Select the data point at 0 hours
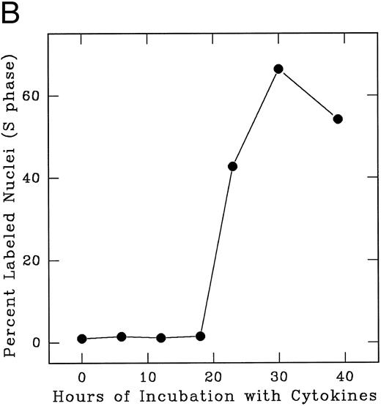[82, 339]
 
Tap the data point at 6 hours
[122, 337]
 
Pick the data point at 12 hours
[161, 338]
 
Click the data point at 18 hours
[201, 336]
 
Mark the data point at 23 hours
[233, 166]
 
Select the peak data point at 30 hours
[278, 69]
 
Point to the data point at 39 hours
[338, 119]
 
